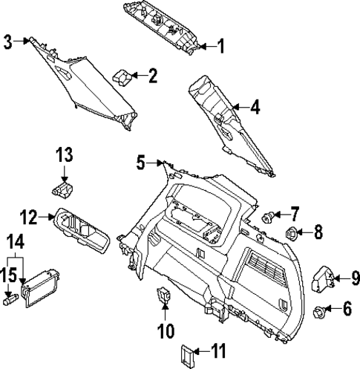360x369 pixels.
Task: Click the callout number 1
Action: [220, 47]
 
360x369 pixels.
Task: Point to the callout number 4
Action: [255, 108]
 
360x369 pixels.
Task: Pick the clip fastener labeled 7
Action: [268, 217]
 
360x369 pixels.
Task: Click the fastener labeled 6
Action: [320, 312]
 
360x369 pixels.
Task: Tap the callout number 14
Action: [15, 241]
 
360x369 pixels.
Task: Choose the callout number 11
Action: [217, 350]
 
